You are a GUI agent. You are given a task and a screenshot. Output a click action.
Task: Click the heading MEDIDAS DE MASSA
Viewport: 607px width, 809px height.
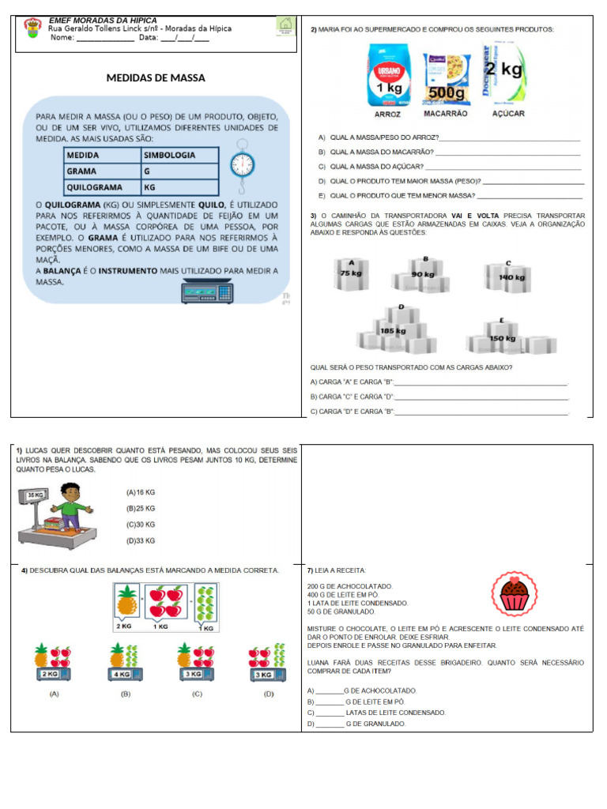click(x=156, y=78)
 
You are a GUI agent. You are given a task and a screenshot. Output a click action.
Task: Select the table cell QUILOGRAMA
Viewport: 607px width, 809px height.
click(x=101, y=187)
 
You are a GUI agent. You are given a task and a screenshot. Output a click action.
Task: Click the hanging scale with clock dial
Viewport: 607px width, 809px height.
click(x=242, y=162)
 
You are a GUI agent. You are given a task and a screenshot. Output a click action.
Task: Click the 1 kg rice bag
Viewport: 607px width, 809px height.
click(x=389, y=76)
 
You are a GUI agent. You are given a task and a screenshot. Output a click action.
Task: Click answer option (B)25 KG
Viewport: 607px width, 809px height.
click(x=141, y=508)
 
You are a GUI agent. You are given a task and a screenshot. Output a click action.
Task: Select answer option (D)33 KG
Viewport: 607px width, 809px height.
click(x=141, y=541)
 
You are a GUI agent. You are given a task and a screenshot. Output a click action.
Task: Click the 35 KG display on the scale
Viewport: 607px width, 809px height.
click(x=36, y=495)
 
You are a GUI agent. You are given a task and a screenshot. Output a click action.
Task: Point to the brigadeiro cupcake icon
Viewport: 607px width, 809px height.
click(x=515, y=593)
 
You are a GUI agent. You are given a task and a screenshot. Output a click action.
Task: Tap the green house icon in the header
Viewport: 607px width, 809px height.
click(x=285, y=26)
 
